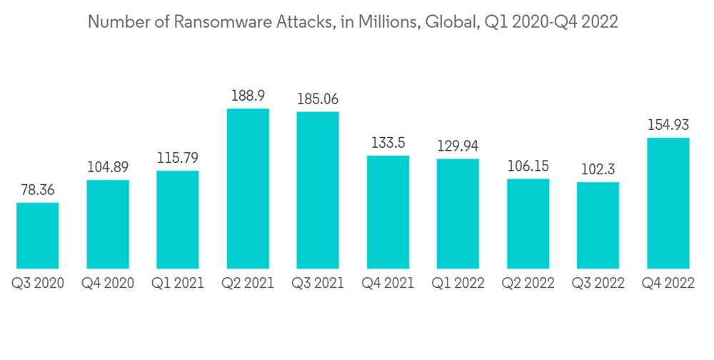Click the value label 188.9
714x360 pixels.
pos(248,96)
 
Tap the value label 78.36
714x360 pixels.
pos(38,190)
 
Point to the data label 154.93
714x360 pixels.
pos(668,125)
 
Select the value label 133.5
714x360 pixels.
pos(388,143)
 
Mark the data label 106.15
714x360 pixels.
pos(528,166)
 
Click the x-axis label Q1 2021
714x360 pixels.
pos(178,283)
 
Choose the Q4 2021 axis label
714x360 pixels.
pos(388,283)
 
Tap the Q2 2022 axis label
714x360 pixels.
pos(528,283)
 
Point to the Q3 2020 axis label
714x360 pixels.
pos(38,283)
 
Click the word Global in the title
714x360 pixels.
pos(451,23)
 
